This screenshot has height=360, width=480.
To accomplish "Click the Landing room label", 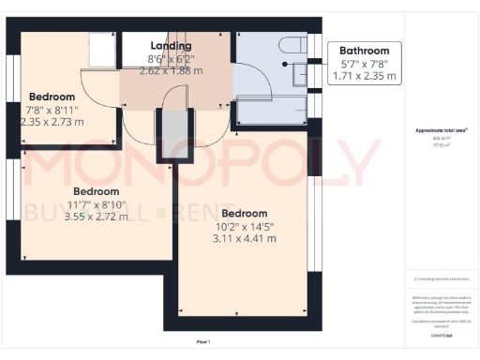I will (171, 45).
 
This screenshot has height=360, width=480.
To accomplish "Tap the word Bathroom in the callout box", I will (364, 51).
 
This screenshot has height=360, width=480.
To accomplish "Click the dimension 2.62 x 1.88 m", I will (171, 69).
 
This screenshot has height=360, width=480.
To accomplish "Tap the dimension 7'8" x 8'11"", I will (52, 109).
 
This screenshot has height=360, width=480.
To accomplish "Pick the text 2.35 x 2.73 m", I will (52, 122).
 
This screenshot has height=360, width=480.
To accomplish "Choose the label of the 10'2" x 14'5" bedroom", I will (245, 213).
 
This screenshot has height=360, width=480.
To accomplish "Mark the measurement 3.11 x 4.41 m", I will (245, 238).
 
